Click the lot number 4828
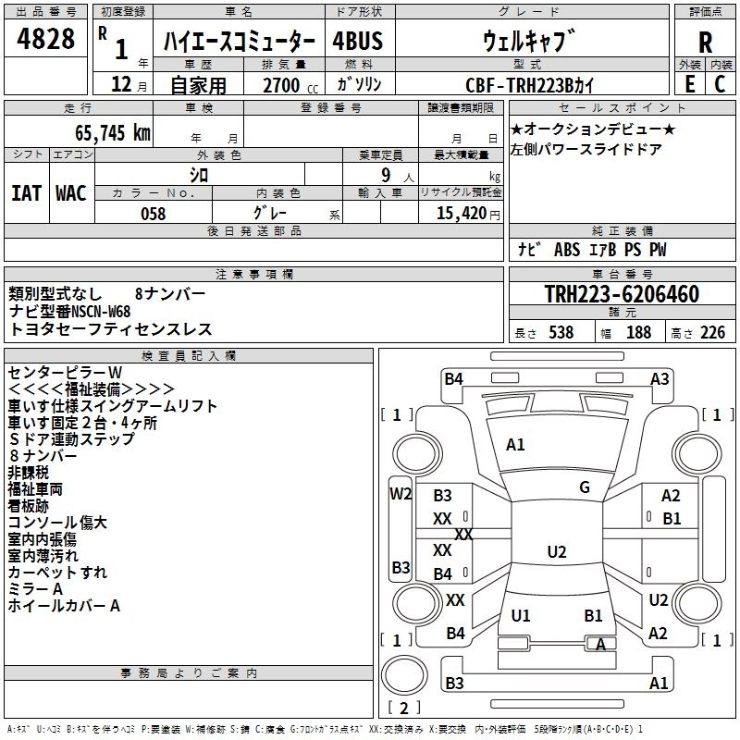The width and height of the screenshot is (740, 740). [x=45, y=39]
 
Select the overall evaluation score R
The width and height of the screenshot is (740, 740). [x=705, y=43]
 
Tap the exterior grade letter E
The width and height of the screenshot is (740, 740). [x=689, y=84]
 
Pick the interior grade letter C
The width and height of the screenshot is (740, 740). [x=720, y=84]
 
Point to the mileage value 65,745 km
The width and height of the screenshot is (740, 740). [x=113, y=133]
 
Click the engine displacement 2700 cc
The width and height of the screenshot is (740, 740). [x=290, y=85]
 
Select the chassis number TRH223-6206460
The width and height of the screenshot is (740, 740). [x=622, y=294]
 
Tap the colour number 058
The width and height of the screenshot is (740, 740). [x=154, y=214]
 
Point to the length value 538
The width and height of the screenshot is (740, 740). [x=561, y=333]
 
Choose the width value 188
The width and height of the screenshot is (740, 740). [x=638, y=333]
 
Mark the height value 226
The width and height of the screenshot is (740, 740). [x=712, y=333]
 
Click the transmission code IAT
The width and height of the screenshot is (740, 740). [x=27, y=193]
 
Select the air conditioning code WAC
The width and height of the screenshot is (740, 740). [x=71, y=193]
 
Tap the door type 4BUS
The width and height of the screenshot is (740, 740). [x=358, y=41]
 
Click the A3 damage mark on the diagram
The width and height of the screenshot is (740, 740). [x=660, y=379]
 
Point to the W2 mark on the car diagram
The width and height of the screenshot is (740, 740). [x=401, y=494]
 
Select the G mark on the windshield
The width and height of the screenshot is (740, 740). [x=585, y=487]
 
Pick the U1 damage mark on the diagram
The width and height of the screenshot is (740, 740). [x=521, y=615]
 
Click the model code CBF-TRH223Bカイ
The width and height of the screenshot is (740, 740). [x=529, y=85]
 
